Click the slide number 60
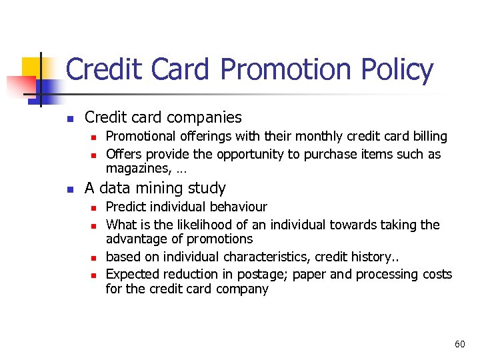[x=459, y=344]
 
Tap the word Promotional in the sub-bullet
[x=141, y=136]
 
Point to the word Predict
[x=125, y=207]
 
